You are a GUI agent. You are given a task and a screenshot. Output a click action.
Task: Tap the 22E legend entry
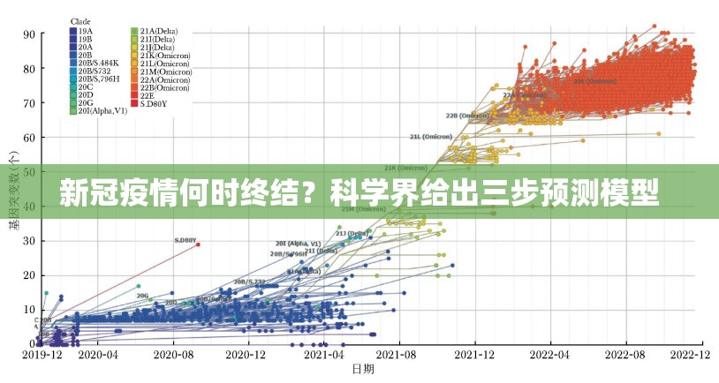coord(148,95)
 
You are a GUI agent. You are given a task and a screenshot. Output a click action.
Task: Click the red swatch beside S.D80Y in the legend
coord(134,103)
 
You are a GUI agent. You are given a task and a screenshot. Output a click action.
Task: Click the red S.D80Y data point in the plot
coord(198,244)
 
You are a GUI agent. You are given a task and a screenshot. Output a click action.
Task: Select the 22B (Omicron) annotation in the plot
coord(464,115)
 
